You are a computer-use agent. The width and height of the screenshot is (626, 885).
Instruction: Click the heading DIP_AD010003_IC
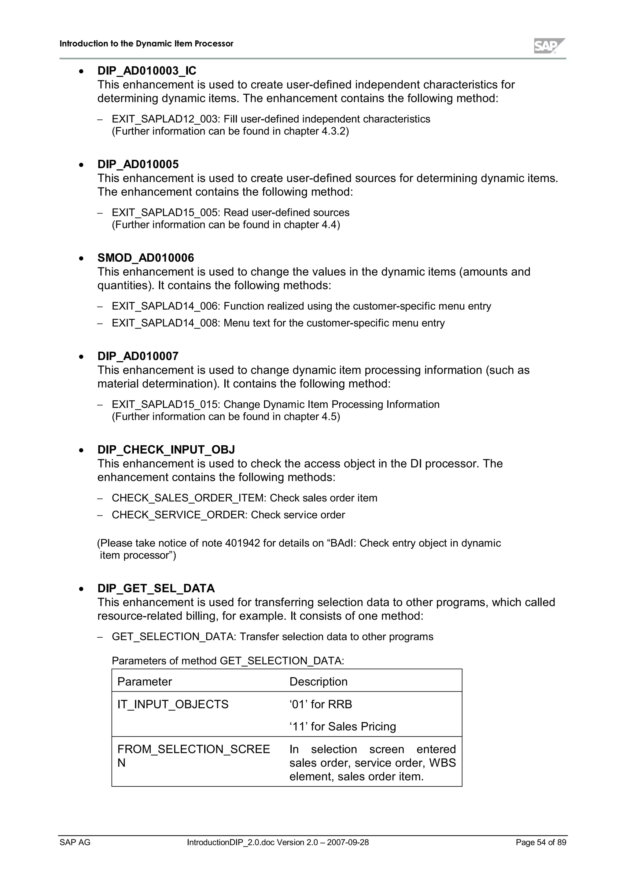(x=147, y=71)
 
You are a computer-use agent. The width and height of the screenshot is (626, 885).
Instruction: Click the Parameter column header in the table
(x=144, y=682)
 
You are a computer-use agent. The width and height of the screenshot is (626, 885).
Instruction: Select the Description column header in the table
(x=318, y=682)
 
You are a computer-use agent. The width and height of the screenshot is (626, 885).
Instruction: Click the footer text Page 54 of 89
(x=541, y=843)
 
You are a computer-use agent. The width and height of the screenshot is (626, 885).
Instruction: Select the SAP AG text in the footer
(x=75, y=843)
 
